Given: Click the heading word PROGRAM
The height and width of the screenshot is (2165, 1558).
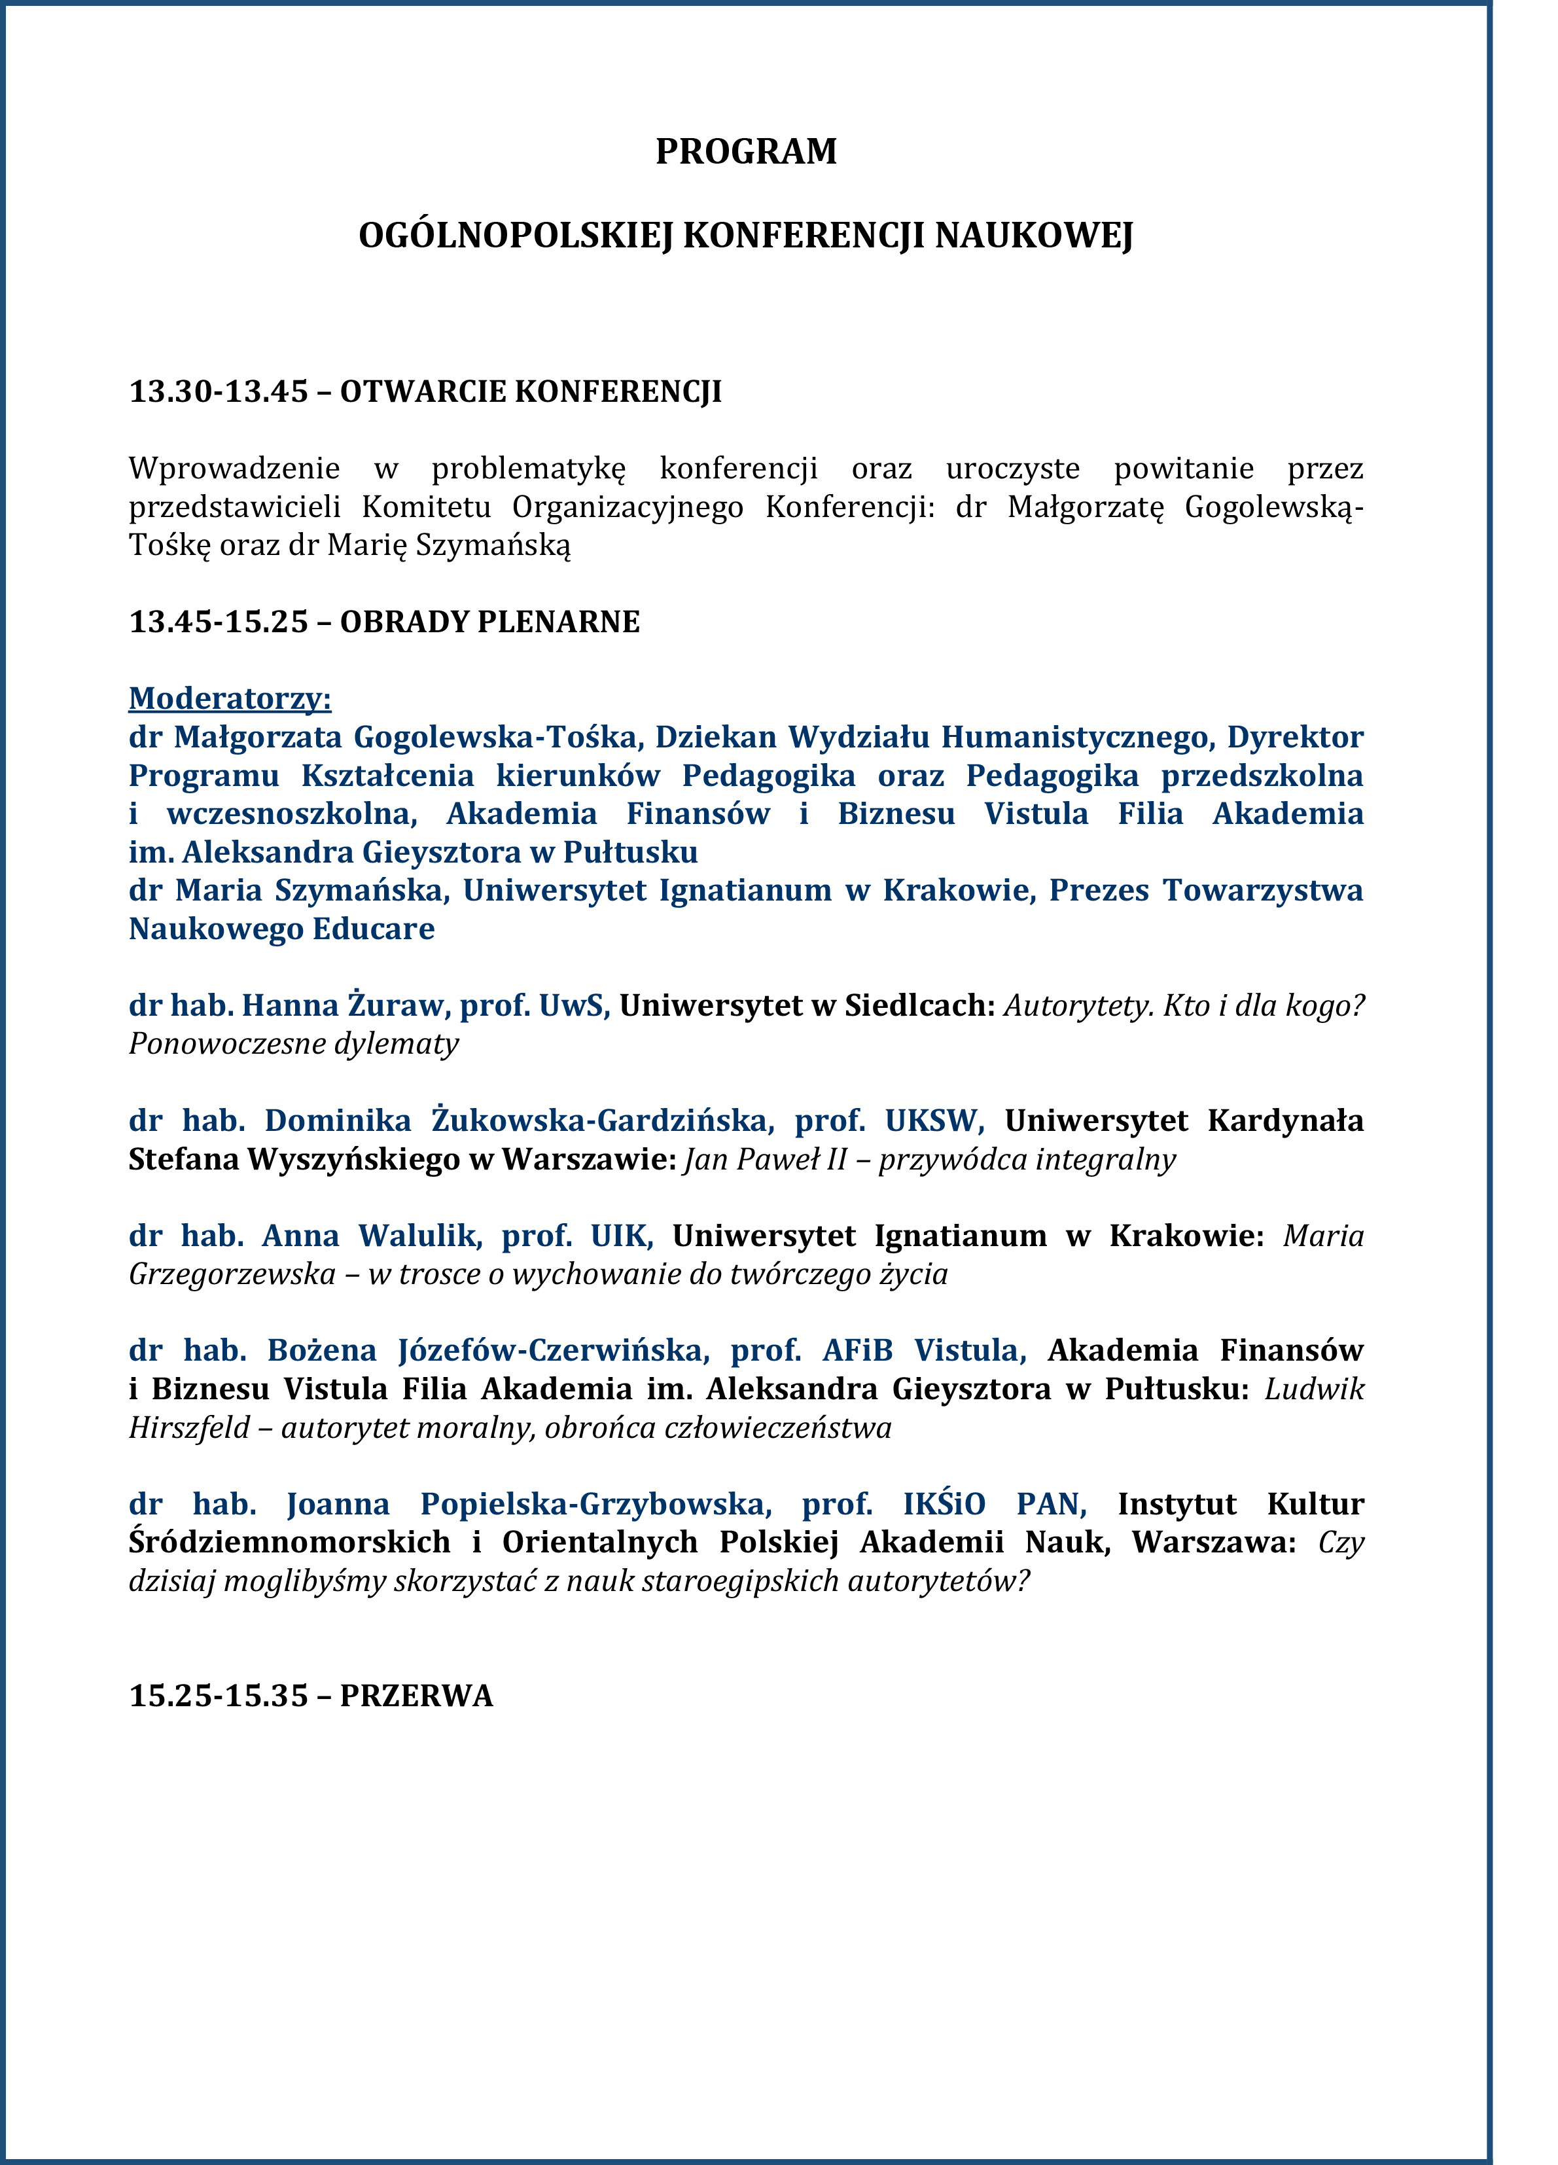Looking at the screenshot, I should coord(745,152).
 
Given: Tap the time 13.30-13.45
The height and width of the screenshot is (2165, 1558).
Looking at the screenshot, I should coord(219,391).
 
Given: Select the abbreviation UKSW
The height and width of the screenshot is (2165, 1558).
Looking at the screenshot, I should coord(932,1120).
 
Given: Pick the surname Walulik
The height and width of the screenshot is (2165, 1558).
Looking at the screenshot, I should coord(419,1235).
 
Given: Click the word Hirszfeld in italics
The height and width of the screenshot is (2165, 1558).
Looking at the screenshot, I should coord(189,1427).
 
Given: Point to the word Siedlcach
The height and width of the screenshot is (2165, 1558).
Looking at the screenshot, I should coord(919,1005).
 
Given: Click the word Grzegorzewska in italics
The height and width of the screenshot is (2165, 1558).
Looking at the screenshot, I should coord(232,1274).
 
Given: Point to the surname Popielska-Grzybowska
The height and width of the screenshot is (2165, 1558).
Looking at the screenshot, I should coord(593,1503).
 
